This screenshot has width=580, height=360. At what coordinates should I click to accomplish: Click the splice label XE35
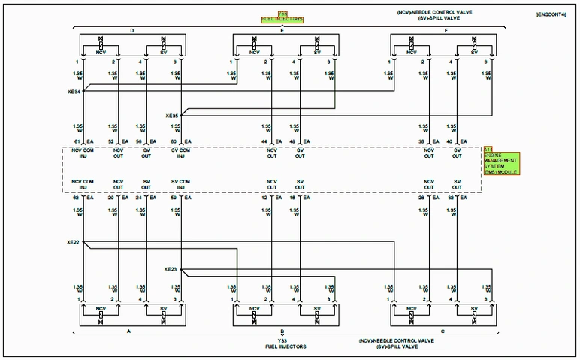click(172, 116)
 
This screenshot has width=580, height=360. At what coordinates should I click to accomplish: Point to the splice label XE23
click(171, 268)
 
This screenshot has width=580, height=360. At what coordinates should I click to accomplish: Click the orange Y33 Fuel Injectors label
click(282, 17)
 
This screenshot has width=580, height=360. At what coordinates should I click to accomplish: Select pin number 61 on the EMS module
click(77, 141)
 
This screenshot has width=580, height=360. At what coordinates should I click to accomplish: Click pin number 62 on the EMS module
click(77, 198)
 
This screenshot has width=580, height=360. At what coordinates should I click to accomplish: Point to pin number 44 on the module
click(265, 141)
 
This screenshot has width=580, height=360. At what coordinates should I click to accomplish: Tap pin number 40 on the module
click(450, 141)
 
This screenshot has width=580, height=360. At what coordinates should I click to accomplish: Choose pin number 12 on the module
click(265, 198)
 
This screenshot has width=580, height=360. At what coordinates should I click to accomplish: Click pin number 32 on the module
click(450, 198)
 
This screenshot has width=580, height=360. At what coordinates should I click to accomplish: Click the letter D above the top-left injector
click(131, 31)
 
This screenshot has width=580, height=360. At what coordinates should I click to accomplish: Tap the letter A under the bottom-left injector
click(128, 330)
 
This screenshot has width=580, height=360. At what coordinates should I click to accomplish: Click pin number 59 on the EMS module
click(174, 198)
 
